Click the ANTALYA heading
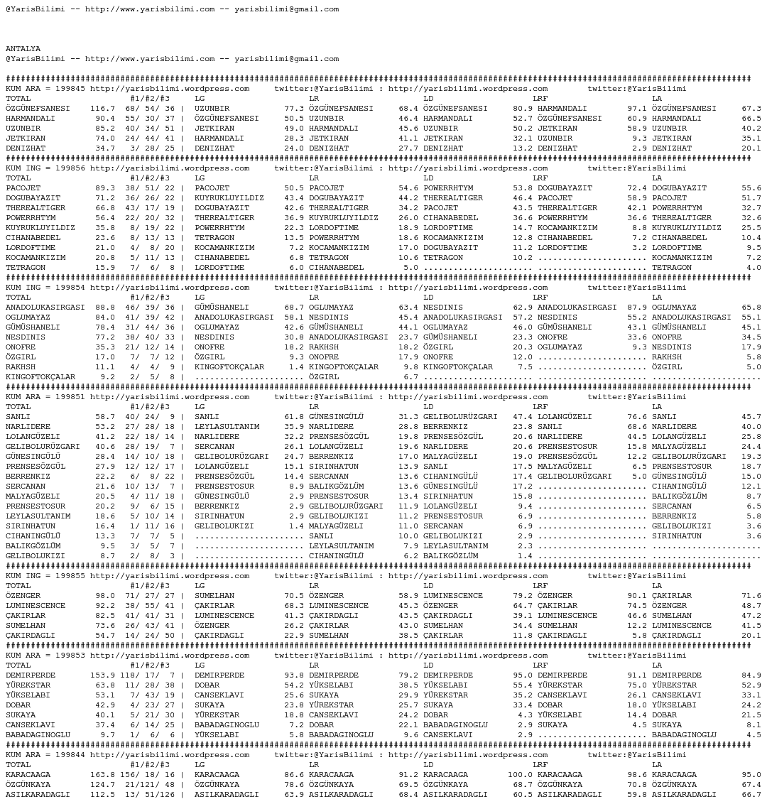pos(23,49)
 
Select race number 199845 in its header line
pos(70,89)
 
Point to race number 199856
pos(70,168)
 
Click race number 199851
pos(70,397)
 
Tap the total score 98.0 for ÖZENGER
pos(105,596)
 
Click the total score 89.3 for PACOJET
pos(105,188)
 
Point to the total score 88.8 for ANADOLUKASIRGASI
pos(105,308)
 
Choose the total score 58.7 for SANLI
pos(105,417)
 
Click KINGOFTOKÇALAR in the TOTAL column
pos(40,377)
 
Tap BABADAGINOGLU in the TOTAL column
pos(38,735)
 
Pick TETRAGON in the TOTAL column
pos(26,268)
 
